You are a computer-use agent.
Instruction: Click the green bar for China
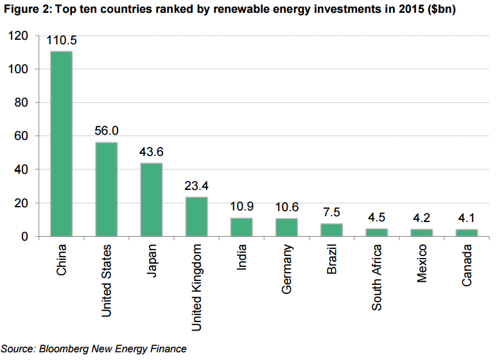[62, 144]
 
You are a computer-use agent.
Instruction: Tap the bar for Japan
[152, 200]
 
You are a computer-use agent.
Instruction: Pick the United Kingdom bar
[196, 216]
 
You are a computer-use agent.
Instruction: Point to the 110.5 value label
[62, 41]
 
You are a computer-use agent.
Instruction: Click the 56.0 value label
[107, 131]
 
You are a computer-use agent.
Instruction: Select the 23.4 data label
[196, 186]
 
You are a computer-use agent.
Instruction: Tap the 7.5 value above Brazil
[331, 212]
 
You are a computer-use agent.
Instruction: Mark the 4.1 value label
[466, 218]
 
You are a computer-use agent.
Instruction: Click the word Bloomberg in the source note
[64, 349]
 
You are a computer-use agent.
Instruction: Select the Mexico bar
[421, 233]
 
